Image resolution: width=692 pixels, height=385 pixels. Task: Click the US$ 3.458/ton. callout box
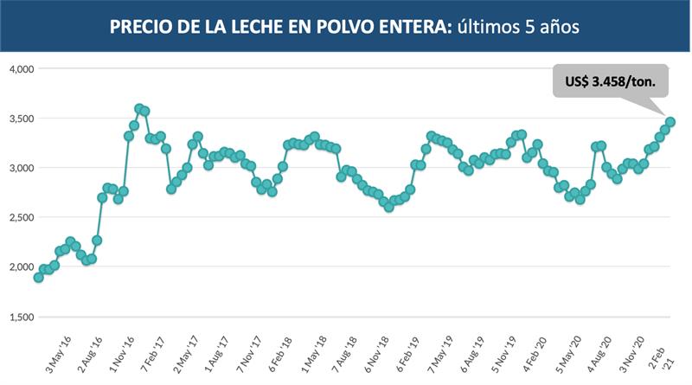point(611,80)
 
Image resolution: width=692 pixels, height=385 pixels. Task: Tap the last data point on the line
point(670,122)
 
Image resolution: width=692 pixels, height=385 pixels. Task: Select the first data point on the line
point(38,278)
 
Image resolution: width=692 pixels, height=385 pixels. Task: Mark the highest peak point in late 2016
point(139,109)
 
